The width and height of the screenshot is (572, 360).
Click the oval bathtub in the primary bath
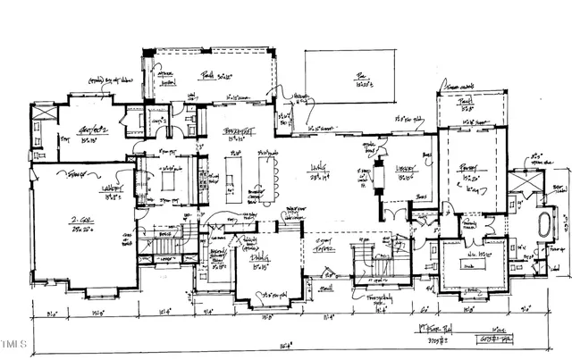(541, 222)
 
